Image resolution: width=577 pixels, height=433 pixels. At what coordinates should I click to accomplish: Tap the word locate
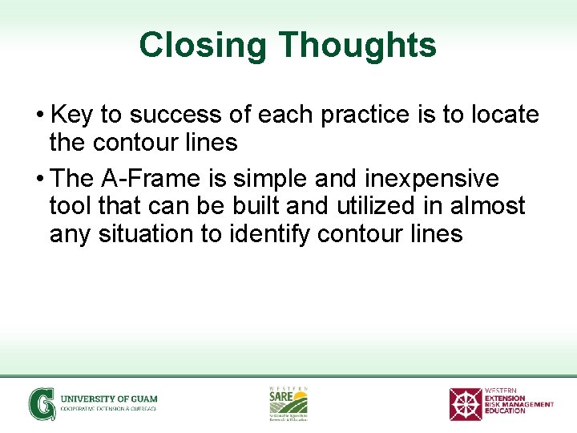[504, 115]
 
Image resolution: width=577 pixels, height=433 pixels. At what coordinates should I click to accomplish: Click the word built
[256, 206]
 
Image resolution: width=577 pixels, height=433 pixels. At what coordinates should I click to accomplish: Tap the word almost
[488, 206]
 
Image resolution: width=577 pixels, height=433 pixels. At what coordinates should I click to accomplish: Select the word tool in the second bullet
[71, 206]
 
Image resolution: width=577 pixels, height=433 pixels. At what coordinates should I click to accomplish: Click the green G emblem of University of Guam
[42, 403]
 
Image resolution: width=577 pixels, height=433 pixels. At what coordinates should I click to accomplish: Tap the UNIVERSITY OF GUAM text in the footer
[109, 399]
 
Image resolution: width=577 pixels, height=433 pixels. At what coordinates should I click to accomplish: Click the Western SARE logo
[288, 403]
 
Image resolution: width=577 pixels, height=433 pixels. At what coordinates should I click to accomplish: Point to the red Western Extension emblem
[465, 404]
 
